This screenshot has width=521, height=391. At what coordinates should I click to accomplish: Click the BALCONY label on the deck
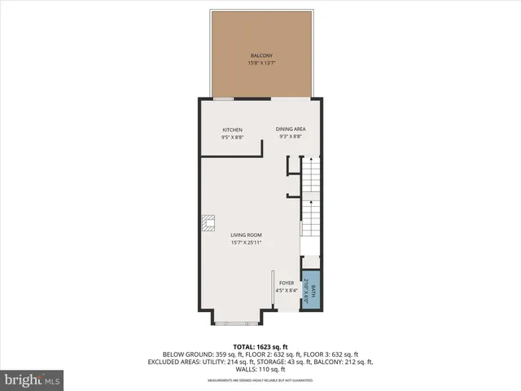[260, 55]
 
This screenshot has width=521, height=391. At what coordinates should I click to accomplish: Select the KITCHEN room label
[232, 130]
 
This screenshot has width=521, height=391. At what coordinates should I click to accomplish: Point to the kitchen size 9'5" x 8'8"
[232, 137]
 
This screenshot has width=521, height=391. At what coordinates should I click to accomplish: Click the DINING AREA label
[290, 130]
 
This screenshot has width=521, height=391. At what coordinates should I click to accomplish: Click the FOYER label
[287, 283]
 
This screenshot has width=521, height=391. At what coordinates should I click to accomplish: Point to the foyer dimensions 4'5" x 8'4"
[287, 291]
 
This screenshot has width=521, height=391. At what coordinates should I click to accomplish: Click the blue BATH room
[310, 289]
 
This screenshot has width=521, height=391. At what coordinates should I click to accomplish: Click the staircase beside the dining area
[312, 200]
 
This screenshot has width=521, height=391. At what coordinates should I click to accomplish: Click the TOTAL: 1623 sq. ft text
[260, 346]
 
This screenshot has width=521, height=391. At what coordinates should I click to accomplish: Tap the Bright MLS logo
[31, 380]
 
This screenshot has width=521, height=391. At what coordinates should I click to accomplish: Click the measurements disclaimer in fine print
[260, 380]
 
